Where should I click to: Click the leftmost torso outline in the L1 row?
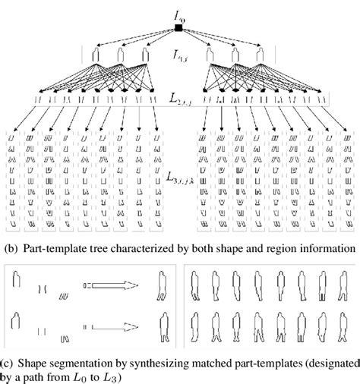(95, 58)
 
